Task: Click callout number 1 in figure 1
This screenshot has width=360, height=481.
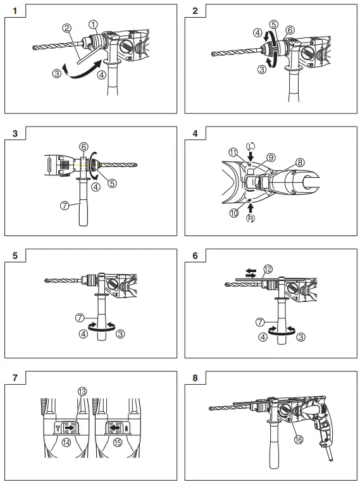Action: click(93, 25)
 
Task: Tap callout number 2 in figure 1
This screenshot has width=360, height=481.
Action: click(66, 28)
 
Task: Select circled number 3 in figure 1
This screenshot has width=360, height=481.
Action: click(57, 74)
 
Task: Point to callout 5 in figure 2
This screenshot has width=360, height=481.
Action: click(273, 24)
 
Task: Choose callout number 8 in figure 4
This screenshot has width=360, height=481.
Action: click(299, 162)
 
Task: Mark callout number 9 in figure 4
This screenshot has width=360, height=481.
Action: click(271, 157)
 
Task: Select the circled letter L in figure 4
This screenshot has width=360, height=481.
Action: click(251, 146)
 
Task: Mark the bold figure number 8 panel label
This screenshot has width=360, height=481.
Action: click(195, 378)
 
